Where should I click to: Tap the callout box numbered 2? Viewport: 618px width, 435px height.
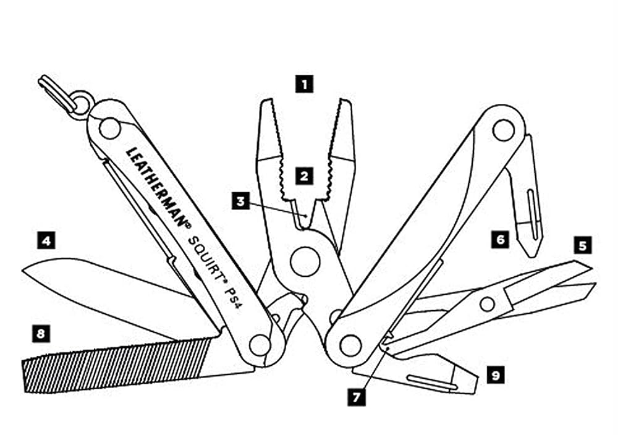[303, 175]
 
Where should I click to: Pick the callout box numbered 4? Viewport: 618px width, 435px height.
[46, 239]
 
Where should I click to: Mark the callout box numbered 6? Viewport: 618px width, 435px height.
[501, 239]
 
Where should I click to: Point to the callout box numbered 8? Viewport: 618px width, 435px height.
[41, 334]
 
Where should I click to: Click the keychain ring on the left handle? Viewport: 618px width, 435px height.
[80, 104]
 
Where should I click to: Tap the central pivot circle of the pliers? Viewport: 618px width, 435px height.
[305, 261]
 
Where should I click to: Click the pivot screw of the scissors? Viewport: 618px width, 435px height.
[488, 303]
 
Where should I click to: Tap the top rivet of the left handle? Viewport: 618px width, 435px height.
[110, 129]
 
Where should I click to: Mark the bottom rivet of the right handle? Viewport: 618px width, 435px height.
[350, 345]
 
